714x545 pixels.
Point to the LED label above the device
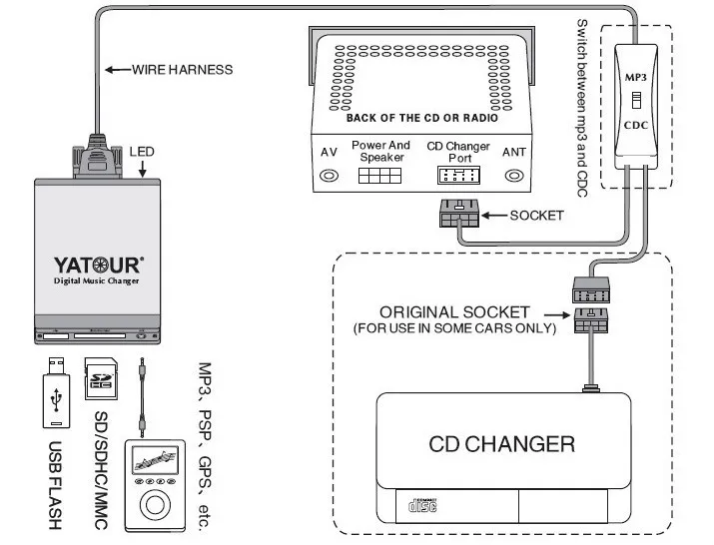point(142,152)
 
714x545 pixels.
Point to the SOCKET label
point(536,215)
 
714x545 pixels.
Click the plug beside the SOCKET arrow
point(457,215)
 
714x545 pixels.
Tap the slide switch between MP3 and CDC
point(636,100)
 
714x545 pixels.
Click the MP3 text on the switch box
point(636,76)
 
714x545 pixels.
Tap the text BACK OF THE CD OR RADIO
point(421,118)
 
